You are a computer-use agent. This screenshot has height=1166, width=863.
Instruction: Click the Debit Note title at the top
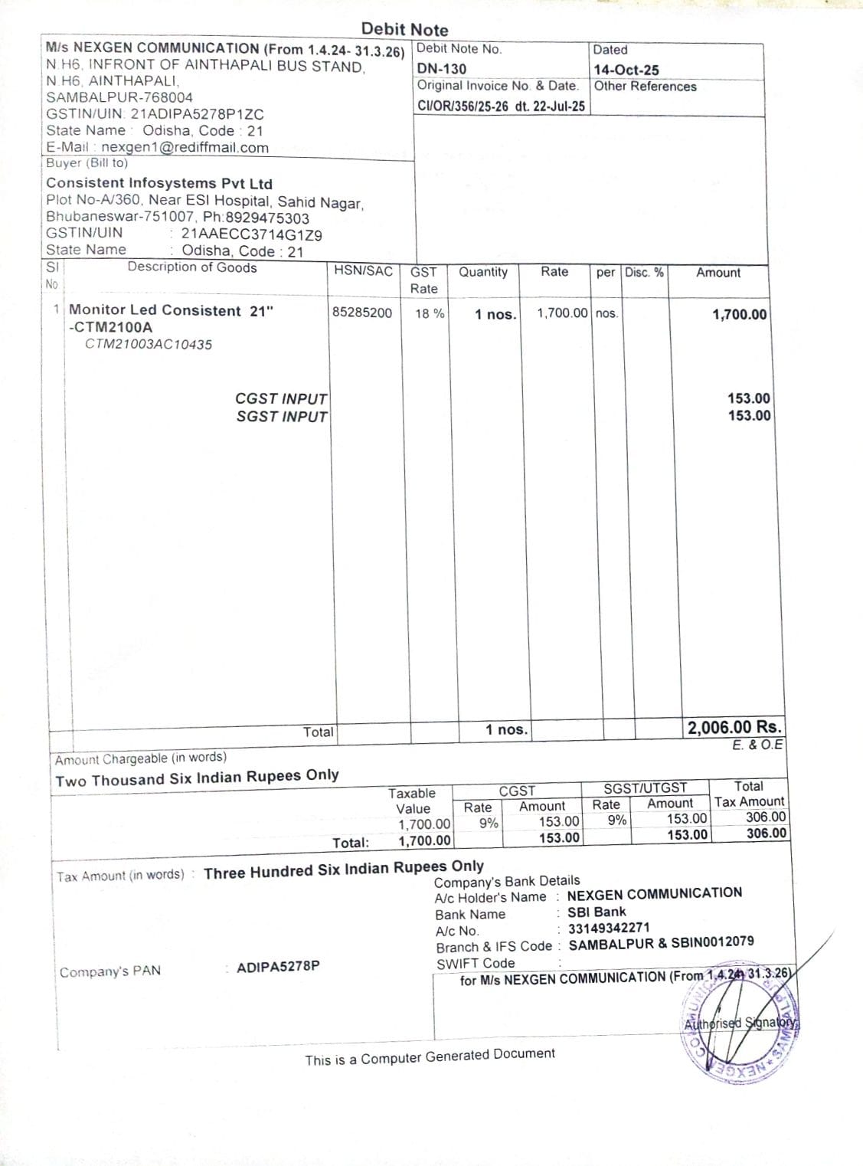coord(404,29)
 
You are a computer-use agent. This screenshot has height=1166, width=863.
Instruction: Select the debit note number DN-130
coord(442,68)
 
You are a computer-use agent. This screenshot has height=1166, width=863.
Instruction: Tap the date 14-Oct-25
coord(626,70)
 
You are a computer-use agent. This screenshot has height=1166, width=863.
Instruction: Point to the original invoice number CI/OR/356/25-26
coord(463,106)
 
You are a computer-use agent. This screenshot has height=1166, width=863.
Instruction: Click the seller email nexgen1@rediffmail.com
coord(185,148)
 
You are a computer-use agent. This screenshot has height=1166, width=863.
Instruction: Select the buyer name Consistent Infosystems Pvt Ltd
coord(159,183)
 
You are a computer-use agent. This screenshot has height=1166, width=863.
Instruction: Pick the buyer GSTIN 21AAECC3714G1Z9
coord(251,235)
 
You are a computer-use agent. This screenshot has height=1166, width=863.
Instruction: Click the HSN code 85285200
coord(362,313)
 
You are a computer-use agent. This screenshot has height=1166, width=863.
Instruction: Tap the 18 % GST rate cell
coord(430,313)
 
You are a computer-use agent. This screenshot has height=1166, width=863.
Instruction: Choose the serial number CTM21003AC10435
coord(149,345)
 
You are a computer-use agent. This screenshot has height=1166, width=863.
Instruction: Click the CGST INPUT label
coord(281,398)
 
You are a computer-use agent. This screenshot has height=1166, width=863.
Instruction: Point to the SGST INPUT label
coord(281,417)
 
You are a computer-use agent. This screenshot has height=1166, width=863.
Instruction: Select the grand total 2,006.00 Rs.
coord(734,727)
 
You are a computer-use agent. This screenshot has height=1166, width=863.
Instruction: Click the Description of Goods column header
coord(192,267)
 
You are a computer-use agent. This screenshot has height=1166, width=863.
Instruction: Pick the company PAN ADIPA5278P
coord(278,967)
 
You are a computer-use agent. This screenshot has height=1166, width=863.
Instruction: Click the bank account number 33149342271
coord(609,928)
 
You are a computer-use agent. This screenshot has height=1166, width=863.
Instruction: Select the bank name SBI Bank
coord(597,912)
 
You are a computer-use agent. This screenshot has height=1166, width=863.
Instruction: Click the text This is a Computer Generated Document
coord(430,1056)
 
